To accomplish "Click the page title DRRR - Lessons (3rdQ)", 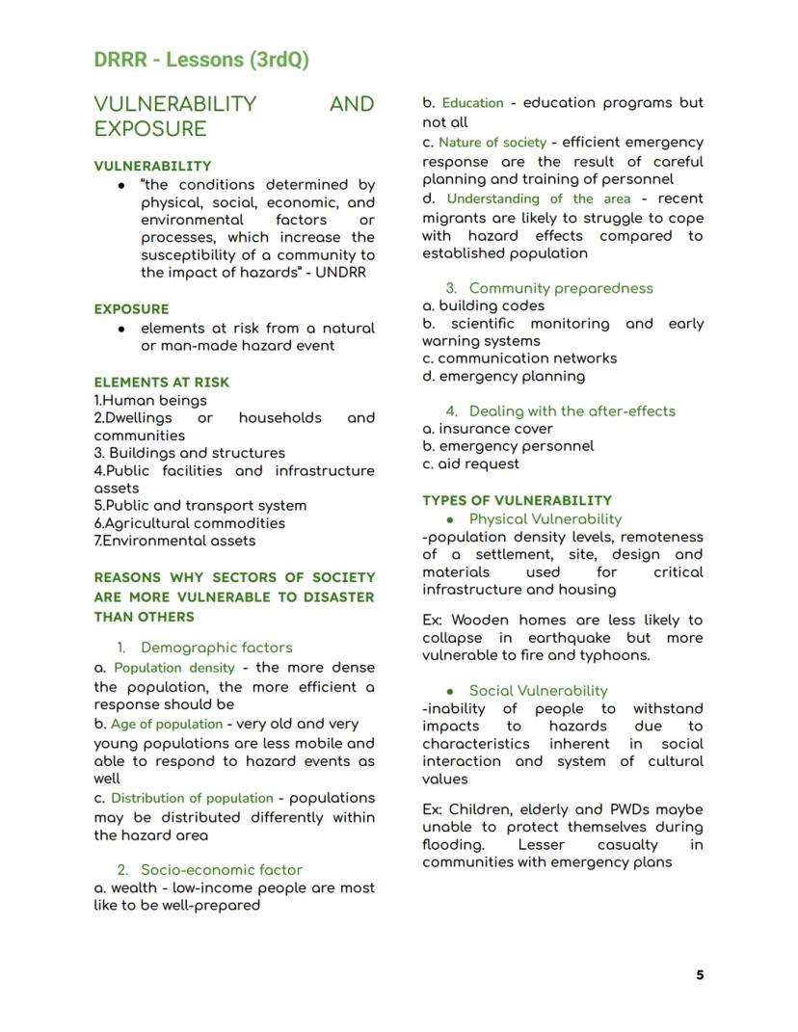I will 201,59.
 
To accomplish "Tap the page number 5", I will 700,975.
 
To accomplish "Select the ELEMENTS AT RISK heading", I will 161,382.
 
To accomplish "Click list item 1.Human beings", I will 150,400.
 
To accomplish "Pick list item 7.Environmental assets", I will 174,541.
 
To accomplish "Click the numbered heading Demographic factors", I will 216,648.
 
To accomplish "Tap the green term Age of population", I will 167,724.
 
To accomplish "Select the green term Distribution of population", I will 192,798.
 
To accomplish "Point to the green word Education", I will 472,103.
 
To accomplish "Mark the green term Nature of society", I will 492,143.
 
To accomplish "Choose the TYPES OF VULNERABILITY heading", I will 517,500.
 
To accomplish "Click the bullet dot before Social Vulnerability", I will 449,691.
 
